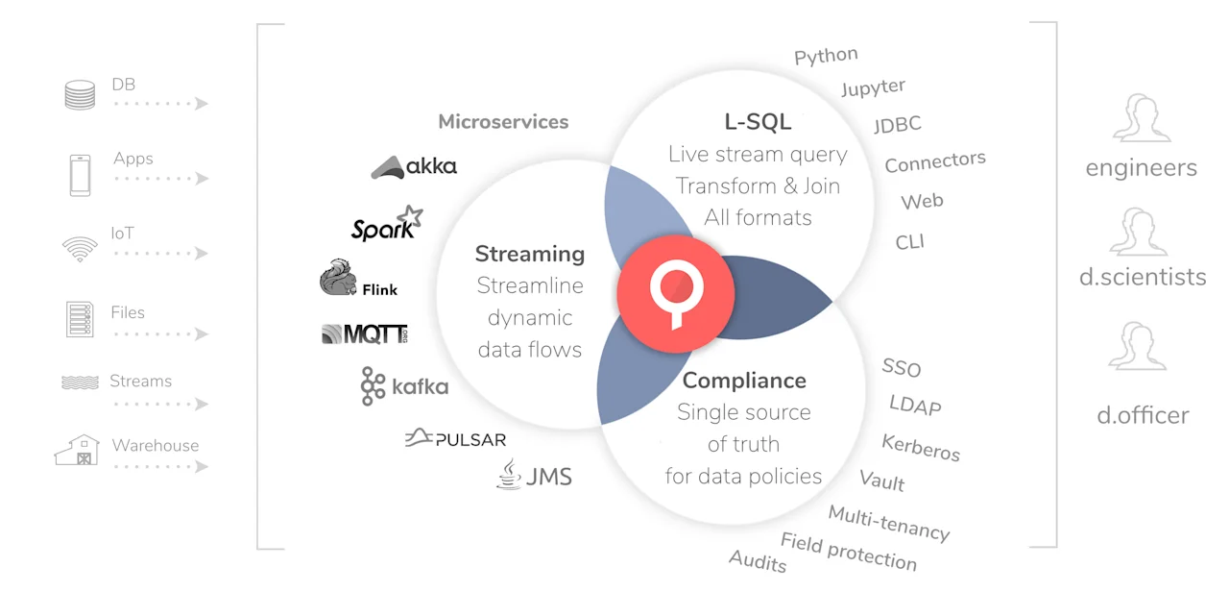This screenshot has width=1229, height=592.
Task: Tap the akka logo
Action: (414, 166)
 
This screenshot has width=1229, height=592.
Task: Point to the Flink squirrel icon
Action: (338, 278)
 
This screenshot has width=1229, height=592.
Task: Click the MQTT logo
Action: (364, 333)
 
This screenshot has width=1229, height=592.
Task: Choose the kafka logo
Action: (404, 386)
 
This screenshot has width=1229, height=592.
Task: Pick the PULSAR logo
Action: (455, 439)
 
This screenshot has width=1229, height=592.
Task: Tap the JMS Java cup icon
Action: (509, 474)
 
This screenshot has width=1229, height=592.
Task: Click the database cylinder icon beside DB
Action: (80, 95)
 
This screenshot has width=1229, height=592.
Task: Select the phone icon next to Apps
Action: (80, 175)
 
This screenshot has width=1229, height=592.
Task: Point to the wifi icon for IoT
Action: (80, 250)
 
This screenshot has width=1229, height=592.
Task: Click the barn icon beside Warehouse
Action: (78, 450)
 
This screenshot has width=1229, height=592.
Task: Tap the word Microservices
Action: (503, 122)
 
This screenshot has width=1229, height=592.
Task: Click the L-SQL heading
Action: (758, 122)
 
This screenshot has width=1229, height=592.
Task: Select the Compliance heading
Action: (744, 381)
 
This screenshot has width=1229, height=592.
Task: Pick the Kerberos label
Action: (921, 447)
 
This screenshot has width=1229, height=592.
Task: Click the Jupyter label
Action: (873, 87)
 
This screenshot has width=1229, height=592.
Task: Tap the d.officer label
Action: (1143, 415)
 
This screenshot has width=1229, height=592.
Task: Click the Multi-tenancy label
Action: (888, 523)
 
